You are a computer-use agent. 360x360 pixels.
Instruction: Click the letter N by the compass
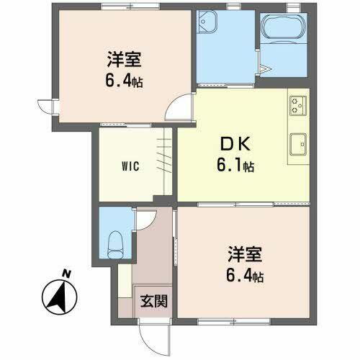click(66, 274)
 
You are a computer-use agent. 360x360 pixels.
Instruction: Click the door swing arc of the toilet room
click(143, 220)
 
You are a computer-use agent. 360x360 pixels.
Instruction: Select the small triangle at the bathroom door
click(265, 70)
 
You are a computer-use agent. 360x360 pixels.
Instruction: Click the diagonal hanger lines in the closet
click(163, 155)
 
